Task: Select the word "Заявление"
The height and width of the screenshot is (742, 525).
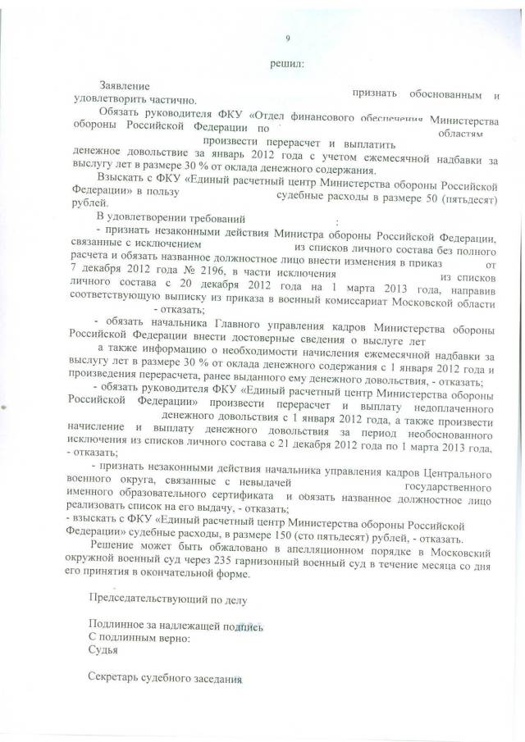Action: (x=124, y=86)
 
